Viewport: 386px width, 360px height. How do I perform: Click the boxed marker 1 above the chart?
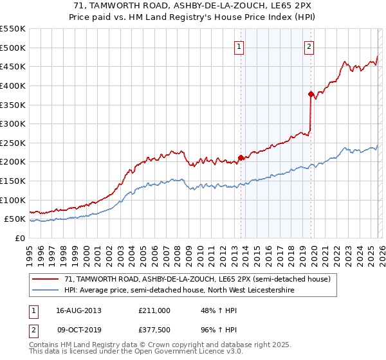(239, 46)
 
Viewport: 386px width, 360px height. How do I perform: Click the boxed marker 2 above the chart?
(309, 46)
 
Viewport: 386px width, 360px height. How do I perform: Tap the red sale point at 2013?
(241, 157)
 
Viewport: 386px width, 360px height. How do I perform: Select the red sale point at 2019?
(311, 94)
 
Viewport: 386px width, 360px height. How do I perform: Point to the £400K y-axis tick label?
(13, 85)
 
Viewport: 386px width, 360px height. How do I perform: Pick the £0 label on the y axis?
(21, 238)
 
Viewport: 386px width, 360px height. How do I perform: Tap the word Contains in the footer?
(44, 346)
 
